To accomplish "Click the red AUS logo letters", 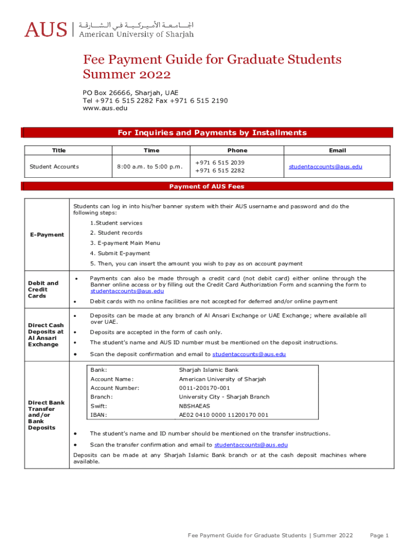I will [46, 29].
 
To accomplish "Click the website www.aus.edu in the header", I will [105, 108].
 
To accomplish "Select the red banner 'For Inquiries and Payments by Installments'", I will [212, 133].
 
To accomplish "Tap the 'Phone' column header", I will [237, 150].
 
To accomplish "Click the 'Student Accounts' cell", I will [54, 167].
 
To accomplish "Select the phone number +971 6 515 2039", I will [220, 162].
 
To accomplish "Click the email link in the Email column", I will [326, 167].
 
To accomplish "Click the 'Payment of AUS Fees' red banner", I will [206, 186].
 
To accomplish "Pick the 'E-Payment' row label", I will [47, 235].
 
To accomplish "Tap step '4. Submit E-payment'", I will [120, 254].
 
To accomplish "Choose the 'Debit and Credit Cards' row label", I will [43, 290].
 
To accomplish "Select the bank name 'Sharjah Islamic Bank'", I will [209, 370].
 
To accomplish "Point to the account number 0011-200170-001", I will [204, 388].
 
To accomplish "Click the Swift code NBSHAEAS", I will [195, 406].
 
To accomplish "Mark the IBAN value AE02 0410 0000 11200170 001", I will [224, 415].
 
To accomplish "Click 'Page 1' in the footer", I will [379, 535].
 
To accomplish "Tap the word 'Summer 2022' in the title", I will [127, 74].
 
